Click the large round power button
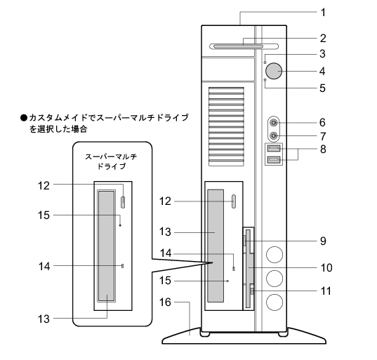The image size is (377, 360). pos(274,71)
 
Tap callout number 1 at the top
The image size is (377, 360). pos(323,12)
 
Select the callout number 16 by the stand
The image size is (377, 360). pos(165,302)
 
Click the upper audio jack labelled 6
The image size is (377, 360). pos(274,123)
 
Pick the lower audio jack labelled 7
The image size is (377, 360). pos(274,136)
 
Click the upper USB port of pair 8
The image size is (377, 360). pos(274,149)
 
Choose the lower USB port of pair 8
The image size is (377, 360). pos(274,159)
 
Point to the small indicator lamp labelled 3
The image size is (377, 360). pos(265,62)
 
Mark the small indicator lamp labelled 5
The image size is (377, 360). pos(265,80)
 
